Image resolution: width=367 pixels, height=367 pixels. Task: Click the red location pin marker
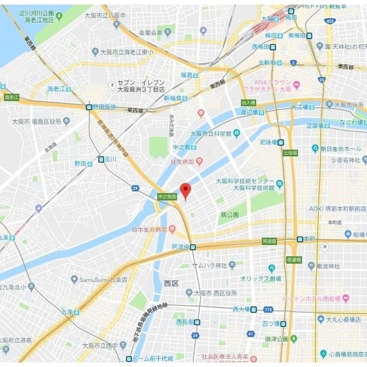185,190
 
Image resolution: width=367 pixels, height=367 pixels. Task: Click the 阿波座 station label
180,247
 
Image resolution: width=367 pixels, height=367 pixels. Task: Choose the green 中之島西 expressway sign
167,196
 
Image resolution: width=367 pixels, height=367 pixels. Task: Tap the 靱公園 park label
229,214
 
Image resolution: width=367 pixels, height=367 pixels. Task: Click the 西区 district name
171,283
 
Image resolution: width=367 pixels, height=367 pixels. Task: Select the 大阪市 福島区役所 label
36,121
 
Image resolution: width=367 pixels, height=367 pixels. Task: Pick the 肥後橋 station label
268,142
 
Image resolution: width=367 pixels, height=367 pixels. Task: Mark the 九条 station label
68,312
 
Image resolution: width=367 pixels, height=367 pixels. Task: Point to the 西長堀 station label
185,322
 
